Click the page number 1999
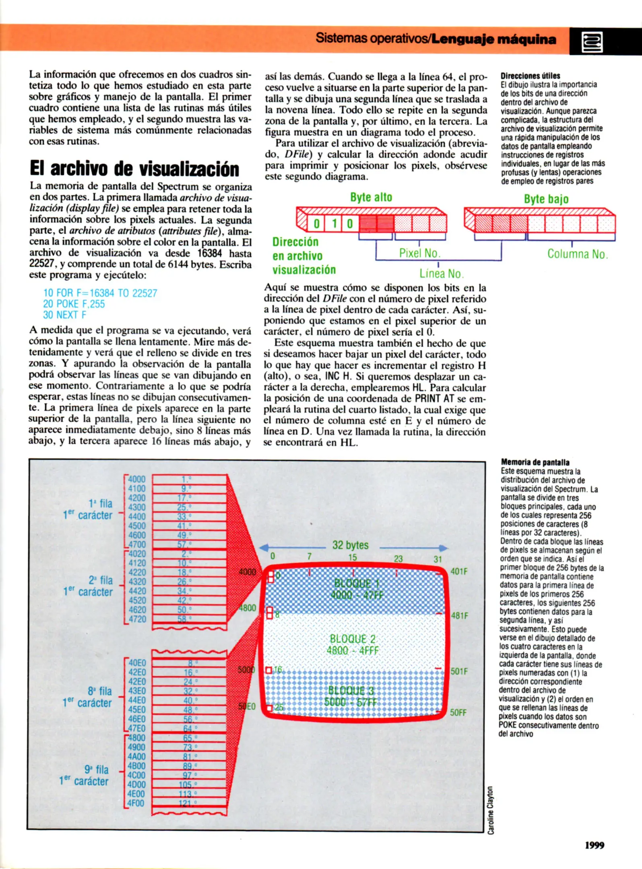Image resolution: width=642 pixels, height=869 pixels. [595, 845]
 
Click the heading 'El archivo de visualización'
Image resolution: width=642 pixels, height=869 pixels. [134, 169]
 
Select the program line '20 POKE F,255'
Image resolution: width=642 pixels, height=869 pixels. [74, 304]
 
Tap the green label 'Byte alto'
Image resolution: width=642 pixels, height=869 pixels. [371, 197]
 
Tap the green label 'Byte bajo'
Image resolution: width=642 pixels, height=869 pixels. [546, 199]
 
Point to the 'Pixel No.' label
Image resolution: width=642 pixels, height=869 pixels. [419, 253]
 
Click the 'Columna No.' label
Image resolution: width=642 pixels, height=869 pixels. [577, 254]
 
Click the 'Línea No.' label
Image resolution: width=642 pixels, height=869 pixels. [441, 274]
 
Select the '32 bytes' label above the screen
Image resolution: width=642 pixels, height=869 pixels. [350, 545]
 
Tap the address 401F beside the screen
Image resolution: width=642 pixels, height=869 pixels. [459, 571]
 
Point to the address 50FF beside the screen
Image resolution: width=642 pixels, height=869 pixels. [458, 712]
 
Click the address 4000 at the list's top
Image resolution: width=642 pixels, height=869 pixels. [136, 479]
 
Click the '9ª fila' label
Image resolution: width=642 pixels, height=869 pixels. [96, 770]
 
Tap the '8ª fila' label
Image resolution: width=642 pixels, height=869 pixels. [99, 691]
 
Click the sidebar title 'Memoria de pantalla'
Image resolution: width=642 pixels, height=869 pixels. [535, 462]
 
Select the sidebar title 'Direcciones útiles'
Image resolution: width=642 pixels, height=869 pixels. [530, 76]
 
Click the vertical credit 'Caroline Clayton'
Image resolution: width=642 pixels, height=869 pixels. [490, 810]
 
